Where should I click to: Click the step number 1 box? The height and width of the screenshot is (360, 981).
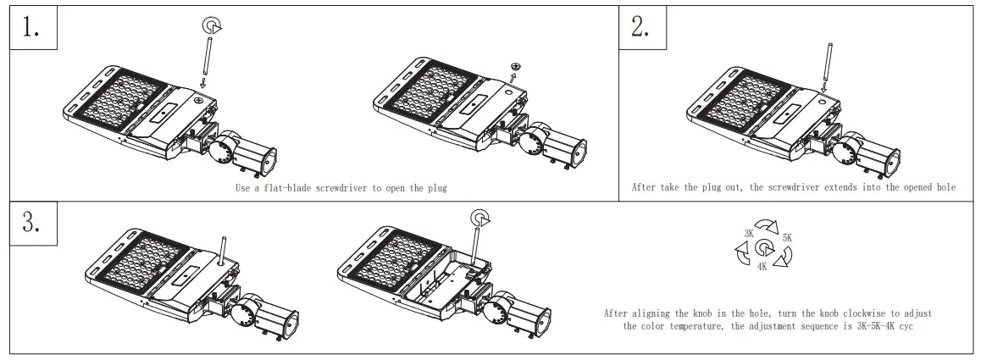pos(32,28)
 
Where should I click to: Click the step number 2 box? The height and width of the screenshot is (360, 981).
pos(641,28)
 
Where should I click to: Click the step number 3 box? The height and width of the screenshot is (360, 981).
pos(32,224)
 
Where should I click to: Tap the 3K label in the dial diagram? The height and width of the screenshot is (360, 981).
pos(749,232)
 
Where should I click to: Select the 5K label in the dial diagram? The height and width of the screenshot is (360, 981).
pos(787,238)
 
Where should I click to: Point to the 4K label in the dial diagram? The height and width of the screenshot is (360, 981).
pos(762,266)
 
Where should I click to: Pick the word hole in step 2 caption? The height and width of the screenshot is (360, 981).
pos(944,187)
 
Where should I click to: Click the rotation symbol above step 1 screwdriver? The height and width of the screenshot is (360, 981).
pos(209,26)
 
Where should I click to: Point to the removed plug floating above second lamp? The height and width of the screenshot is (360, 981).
pos(514,66)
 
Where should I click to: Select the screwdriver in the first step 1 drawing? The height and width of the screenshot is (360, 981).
pos(206,60)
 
